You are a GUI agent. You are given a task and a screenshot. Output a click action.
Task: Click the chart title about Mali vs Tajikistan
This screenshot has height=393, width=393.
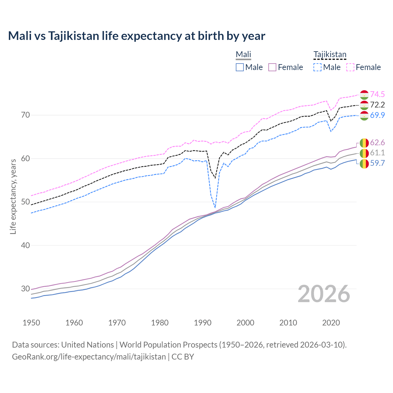point(137,36)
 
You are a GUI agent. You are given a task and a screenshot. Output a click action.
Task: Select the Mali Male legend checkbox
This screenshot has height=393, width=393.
point(240,67)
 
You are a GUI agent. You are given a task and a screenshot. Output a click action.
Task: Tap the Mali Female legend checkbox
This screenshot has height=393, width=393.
point(272,67)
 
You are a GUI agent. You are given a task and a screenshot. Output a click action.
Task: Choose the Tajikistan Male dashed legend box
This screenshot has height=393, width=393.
point(317,67)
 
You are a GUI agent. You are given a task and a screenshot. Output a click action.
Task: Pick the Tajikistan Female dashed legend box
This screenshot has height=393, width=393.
point(350,67)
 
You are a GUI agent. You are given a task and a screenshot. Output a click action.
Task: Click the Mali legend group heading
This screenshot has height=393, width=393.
point(243,55)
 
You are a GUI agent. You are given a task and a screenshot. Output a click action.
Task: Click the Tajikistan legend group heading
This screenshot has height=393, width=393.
point(330,55)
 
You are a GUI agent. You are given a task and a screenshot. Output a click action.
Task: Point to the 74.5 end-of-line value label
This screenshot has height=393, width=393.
point(377,94)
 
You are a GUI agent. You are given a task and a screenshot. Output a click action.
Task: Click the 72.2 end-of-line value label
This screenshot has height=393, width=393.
point(377,105)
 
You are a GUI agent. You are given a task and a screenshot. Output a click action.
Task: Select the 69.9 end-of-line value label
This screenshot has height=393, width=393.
point(377,115)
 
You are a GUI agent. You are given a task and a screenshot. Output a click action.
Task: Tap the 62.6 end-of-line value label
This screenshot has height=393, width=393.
point(377,142)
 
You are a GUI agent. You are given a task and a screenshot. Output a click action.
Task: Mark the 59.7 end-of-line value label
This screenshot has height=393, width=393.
point(377,163)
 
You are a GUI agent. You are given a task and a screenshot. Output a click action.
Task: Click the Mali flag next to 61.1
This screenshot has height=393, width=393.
point(364,153)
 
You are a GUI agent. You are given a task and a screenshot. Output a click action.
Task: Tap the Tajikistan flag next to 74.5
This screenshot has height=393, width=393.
point(364,95)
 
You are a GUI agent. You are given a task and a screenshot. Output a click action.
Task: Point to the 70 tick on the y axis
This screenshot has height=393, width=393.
point(25,115)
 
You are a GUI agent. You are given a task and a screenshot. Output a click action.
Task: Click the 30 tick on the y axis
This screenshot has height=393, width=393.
point(25,289)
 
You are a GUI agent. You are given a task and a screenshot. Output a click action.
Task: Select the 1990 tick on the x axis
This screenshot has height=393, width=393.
point(203,323)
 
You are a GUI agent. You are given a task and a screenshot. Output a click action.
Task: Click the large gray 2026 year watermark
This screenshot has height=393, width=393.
point(324,294)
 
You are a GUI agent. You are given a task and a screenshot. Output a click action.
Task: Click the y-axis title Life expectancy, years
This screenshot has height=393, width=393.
point(13,196)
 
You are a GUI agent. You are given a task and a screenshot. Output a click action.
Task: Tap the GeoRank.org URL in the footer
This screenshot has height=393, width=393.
point(89,357)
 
